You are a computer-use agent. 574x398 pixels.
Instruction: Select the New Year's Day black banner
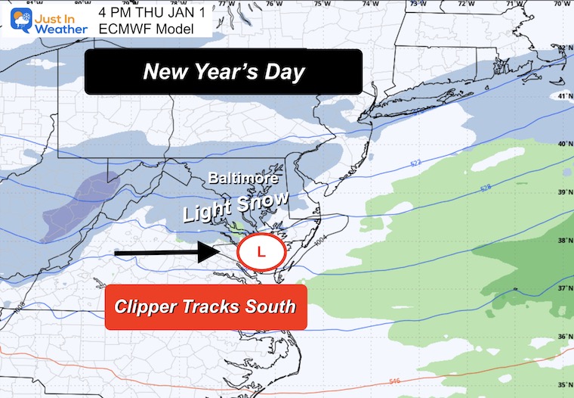[224, 72]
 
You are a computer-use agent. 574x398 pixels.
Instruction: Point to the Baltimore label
[244, 179]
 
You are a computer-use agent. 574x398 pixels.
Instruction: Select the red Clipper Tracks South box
[205, 307]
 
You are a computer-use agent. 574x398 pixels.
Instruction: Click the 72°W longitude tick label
[460, 5]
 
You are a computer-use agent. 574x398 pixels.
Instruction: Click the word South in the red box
[265, 307]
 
